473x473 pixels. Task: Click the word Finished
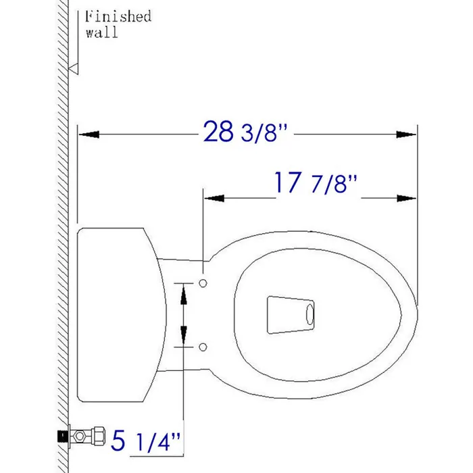click(x=118, y=16)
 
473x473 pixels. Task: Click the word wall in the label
click(x=101, y=32)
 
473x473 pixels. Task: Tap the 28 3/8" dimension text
click(x=245, y=132)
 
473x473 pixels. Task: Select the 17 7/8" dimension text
click(x=316, y=183)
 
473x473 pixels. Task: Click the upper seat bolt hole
click(x=203, y=283)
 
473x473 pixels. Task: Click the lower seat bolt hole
click(x=203, y=347)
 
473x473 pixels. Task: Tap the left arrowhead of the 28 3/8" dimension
click(x=89, y=134)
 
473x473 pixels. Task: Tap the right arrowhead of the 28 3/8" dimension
click(x=406, y=134)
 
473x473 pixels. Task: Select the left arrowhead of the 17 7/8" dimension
click(x=214, y=198)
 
